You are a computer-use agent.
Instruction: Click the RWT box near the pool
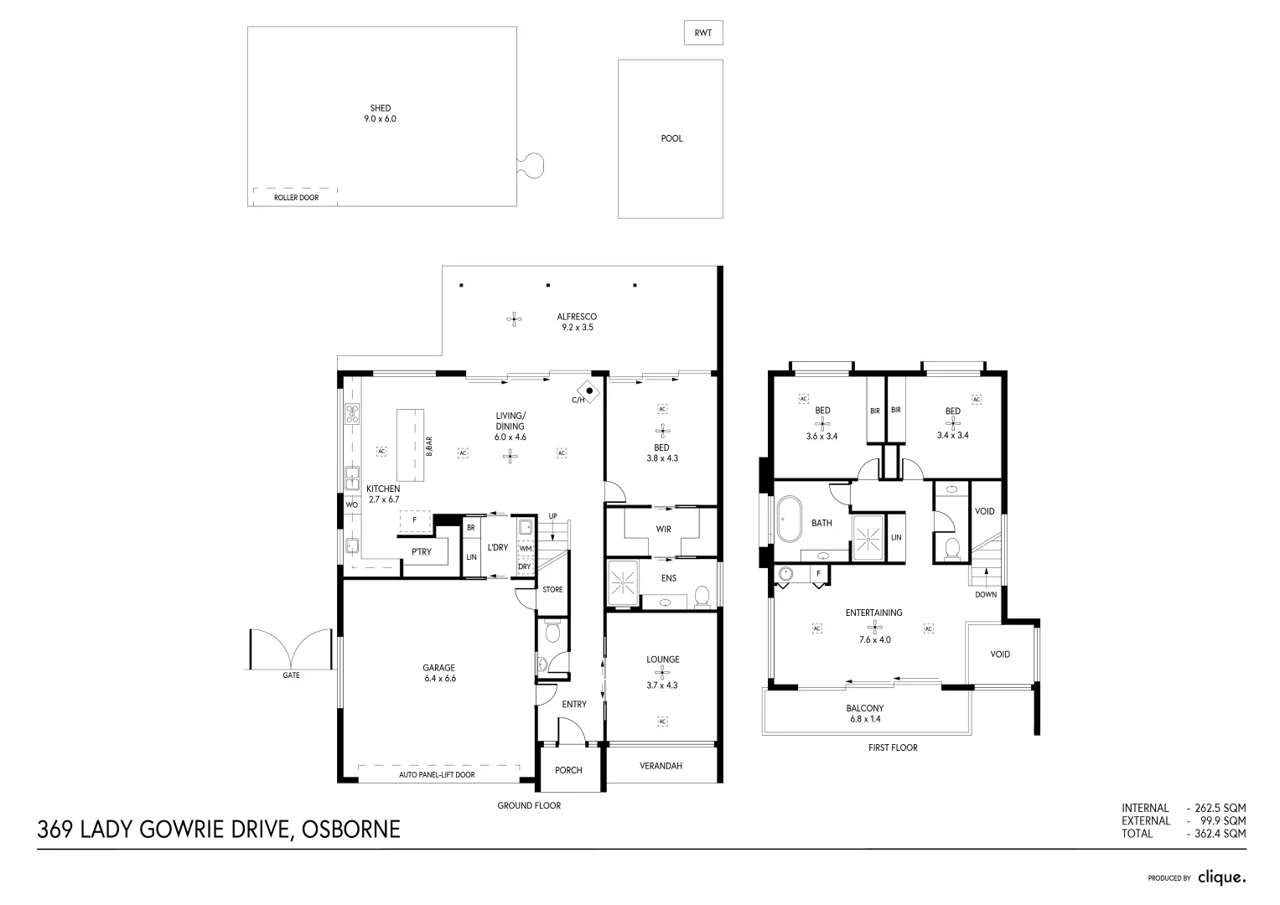(702, 33)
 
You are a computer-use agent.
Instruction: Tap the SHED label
(380, 108)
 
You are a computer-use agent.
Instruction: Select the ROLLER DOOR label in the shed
(296, 198)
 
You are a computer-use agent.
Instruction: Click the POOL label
(671, 138)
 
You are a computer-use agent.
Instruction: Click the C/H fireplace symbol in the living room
(590, 390)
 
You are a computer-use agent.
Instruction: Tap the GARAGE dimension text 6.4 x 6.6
(438, 679)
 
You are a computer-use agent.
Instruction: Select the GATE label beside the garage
(291, 675)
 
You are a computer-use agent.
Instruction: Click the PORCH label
(568, 770)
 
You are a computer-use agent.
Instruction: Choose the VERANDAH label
(661, 766)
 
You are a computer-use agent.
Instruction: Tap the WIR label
(663, 529)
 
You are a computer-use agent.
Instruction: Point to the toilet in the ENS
(702, 596)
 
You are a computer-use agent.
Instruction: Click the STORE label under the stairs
(552, 589)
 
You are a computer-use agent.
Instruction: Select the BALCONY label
(864, 708)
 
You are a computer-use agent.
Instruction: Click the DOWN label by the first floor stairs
(986, 595)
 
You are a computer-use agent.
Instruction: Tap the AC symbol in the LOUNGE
(662, 721)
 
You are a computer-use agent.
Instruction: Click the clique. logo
(1221, 877)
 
